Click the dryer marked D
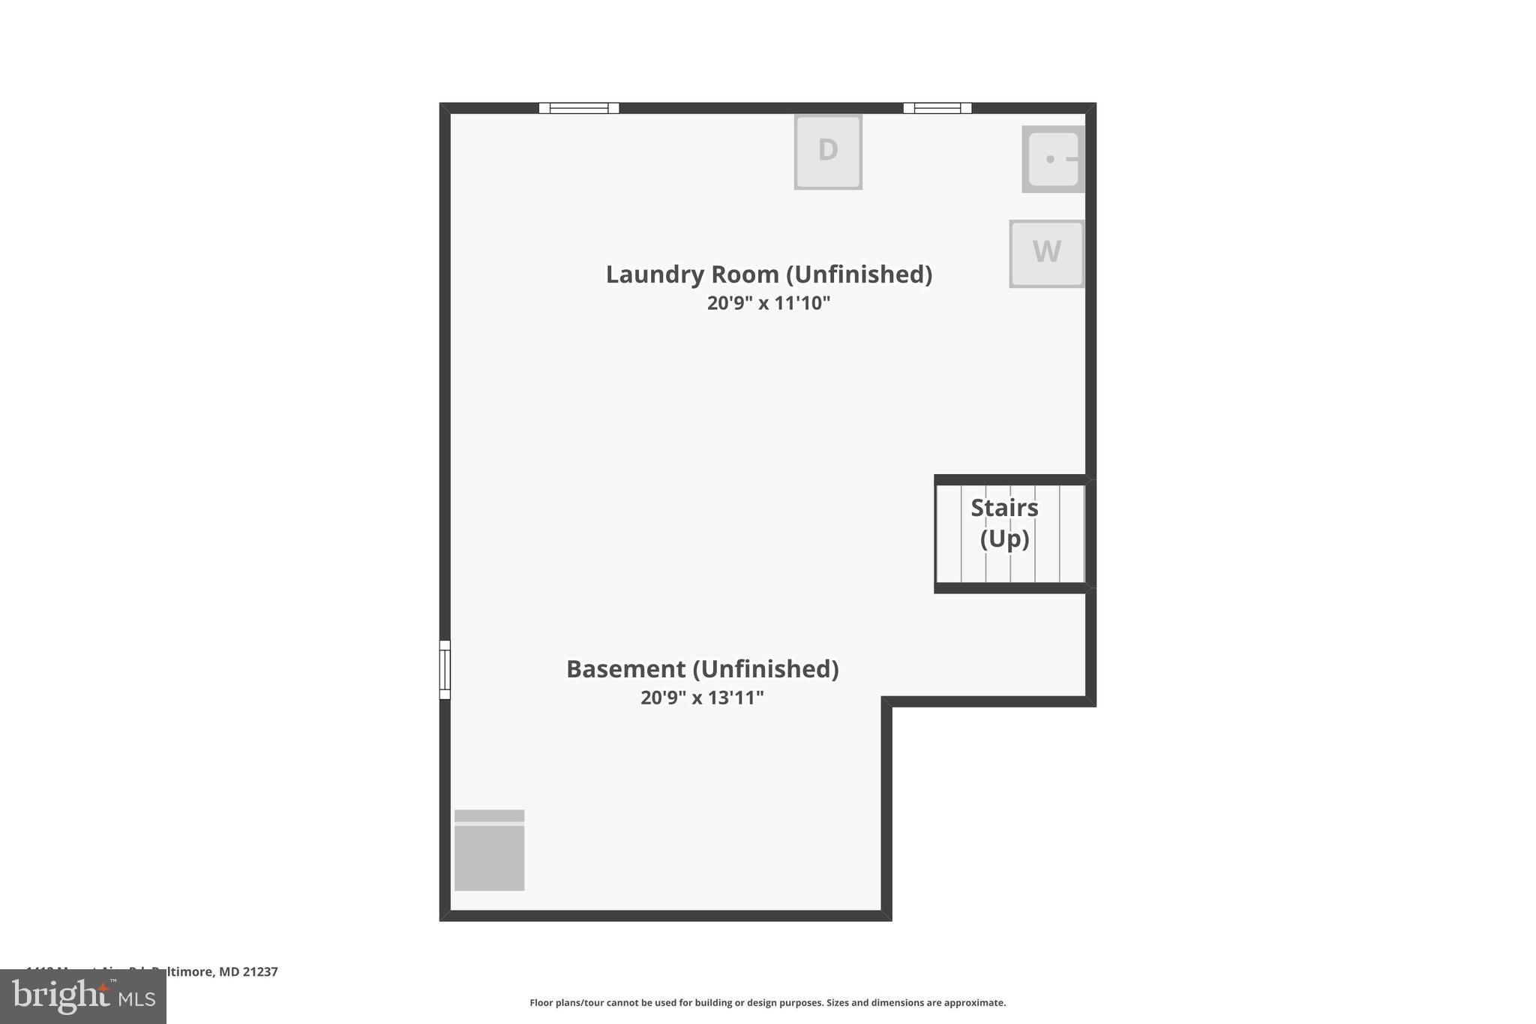pyautogui.click(x=828, y=152)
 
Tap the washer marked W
pyautogui.click(x=1046, y=254)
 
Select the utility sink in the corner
pyautogui.click(x=1053, y=159)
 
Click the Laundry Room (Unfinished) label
pyautogui.click(x=769, y=275)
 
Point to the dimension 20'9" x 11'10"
pyautogui.click(x=769, y=303)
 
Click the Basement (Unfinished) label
pyautogui.click(x=702, y=669)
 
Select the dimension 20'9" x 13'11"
pyautogui.click(x=702, y=698)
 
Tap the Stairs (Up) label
pyautogui.click(x=1004, y=524)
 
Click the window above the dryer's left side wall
pyautogui.click(x=579, y=108)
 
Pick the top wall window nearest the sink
pyautogui.click(x=937, y=108)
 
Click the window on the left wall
pyautogui.click(x=445, y=670)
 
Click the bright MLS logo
pyautogui.click(x=83, y=997)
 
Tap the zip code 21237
pyautogui.click(x=260, y=972)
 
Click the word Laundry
pyautogui.click(x=655, y=275)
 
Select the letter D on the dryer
pyautogui.click(x=828, y=150)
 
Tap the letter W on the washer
pyautogui.click(x=1046, y=252)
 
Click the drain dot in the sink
pyautogui.click(x=1050, y=159)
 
